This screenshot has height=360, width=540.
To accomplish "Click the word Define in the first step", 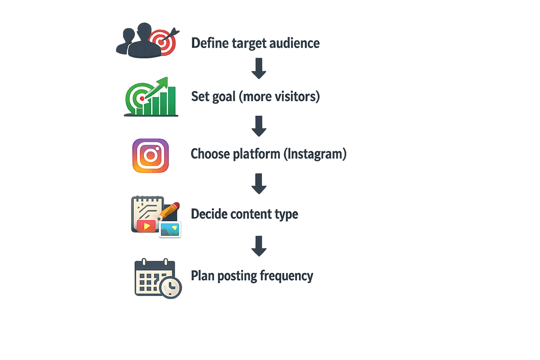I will (x=210, y=43).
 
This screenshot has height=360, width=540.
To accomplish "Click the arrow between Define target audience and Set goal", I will (x=259, y=69).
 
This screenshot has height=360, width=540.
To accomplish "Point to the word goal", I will (x=224, y=97).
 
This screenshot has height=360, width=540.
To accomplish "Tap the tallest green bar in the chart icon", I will (x=172, y=101).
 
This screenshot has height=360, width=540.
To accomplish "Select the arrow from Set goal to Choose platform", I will (x=259, y=126).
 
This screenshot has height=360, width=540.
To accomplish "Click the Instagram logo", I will (x=150, y=155).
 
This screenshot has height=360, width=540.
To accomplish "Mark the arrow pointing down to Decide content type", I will (x=259, y=184).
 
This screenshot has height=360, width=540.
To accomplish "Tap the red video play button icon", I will (x=146, y=226).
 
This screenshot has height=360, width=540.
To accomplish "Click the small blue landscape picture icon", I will (x=170, y=230).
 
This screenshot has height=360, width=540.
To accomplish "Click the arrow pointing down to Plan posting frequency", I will (x=259, y=246).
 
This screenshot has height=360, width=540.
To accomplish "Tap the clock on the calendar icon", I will (x=171, y=288).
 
